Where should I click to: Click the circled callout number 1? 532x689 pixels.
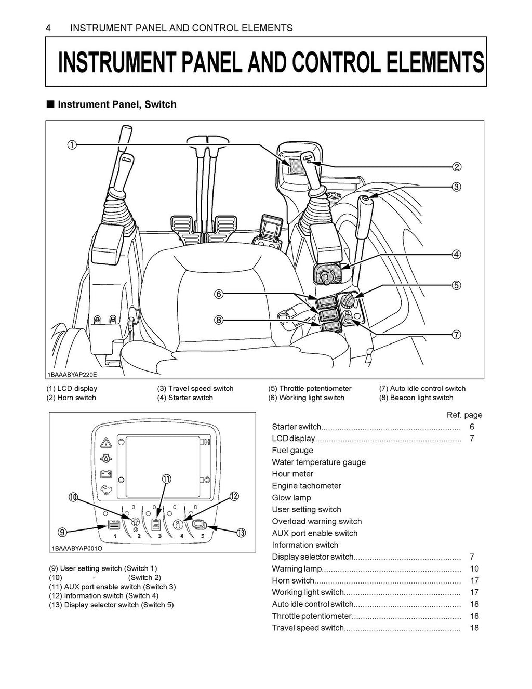coord(72,145)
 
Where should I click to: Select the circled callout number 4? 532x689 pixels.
coord(456,255)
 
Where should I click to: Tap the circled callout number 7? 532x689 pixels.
coord(456,335)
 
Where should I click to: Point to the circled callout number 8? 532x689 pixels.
coord(219,320)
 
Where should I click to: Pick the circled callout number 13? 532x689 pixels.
coord(240,533)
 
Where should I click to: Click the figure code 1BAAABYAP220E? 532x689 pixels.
coord(68,375)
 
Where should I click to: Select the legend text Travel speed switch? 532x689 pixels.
coord(195,389)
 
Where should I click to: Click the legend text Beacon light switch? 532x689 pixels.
coord(416,398)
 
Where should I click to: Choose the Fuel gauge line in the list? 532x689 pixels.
coord(292,451)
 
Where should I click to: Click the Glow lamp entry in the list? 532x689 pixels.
coord(291,498)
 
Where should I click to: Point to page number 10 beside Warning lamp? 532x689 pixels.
coord(474,569)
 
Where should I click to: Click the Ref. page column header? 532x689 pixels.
coord(464,415)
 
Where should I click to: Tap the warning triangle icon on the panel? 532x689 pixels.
coord(106,442)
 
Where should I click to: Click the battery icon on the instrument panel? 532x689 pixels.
coord(106,474)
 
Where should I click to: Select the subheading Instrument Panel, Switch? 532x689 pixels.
coord(116,104)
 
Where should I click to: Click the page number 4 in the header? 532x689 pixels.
coord(48,28)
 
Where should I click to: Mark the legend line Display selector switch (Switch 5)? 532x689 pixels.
coord(111,605)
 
